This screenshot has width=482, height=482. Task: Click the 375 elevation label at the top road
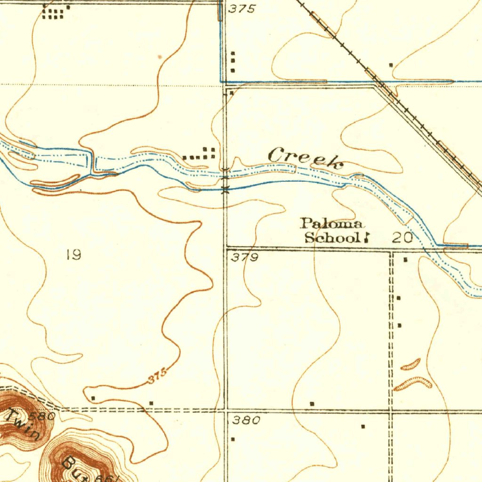[242, 9]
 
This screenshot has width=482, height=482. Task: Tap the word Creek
[305, 157]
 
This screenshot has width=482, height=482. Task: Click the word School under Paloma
[332, 237]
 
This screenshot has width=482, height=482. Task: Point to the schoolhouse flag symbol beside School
[365, 238]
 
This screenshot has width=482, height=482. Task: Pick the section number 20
[403, 238]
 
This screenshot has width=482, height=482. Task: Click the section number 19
[73, 255]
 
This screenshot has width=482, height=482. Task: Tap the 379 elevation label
[245, 257]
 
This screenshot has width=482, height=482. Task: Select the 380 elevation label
[246, 421]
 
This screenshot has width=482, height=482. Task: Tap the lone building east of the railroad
[391, 64]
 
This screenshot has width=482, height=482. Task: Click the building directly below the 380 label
[233, 439]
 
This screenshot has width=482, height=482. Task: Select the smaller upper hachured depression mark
[410, 364]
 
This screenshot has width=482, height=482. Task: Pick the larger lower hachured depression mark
[413, 384]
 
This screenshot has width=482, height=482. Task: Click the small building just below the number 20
[406, 259]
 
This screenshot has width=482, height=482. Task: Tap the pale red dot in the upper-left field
[161, 56]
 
